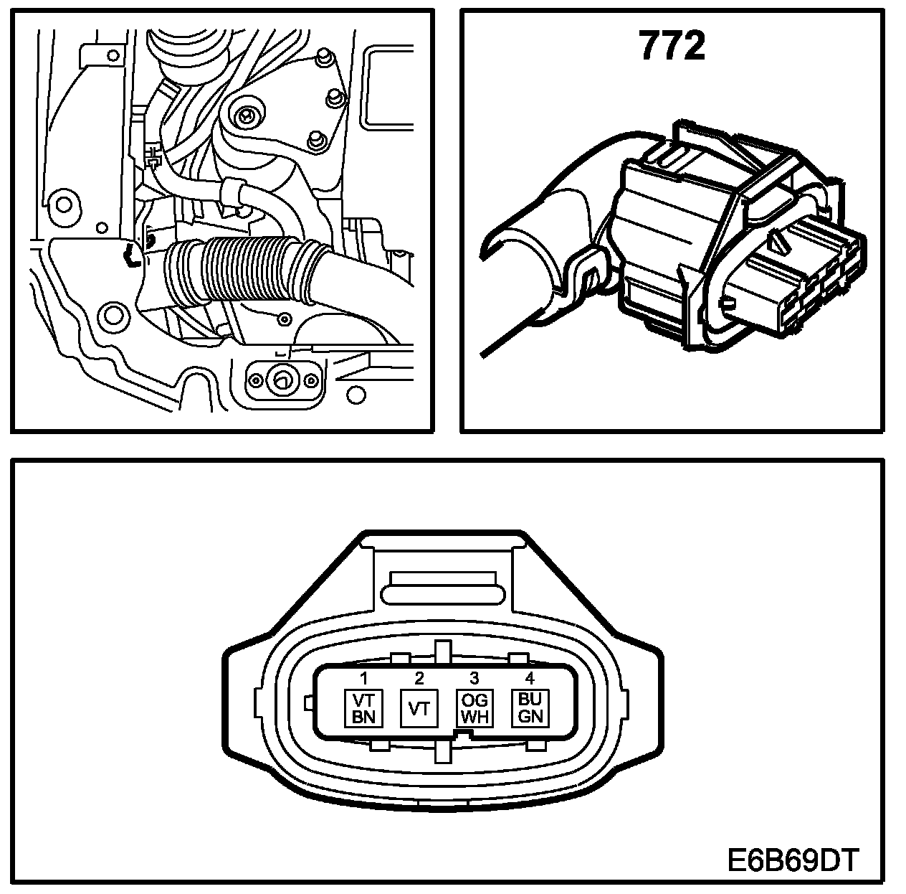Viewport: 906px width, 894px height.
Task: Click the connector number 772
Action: click(x=671, y=47)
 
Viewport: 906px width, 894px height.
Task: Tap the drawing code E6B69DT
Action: click(x=792, y=859)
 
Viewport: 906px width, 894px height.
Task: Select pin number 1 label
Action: click(x=364, y=677)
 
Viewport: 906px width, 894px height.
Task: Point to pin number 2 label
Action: click(x=419, y=677)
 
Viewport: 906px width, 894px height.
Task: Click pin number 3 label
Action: click(x=474, y=677)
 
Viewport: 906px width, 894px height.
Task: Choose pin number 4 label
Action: click(x=530, y=677)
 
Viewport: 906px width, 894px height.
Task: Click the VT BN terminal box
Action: click(x=364, y=709)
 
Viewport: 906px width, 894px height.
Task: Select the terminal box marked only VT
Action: click(x=419, y=709)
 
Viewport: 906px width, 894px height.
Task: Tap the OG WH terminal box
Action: click(x=474, y=709)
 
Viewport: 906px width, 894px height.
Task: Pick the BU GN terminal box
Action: click(x=530, y=709)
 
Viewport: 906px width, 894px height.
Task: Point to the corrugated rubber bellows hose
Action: click(x=244, y=273)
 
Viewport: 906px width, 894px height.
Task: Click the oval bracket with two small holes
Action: click(x=282, y=379)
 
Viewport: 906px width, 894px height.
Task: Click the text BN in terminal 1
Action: click(x=364, y=717)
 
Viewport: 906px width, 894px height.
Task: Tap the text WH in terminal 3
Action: click(x=474, y=717)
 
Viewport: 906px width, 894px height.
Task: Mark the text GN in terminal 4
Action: click(x=530, y=717)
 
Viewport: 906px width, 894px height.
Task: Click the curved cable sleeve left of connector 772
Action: click(x=545, y=237)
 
